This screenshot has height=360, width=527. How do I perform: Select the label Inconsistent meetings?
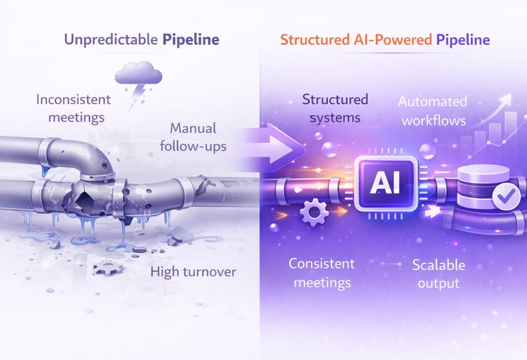coord(71,108)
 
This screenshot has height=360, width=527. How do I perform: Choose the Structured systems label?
coord(335,108)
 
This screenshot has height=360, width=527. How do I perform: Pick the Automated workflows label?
coord(433,111)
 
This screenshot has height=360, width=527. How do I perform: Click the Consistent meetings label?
coord(320,273)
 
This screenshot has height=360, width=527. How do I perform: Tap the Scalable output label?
coord(438,273)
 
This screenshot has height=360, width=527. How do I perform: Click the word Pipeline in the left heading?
coord(191,39)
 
